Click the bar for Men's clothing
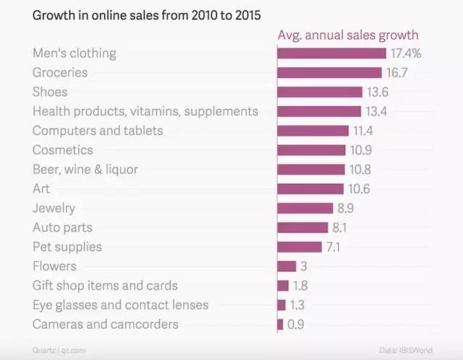click(331, 53)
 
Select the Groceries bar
click(329, 73)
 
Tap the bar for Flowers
click(286, 266)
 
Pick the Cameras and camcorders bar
click(280, 325)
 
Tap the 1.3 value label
click(297, 305)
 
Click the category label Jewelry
click(54, 208)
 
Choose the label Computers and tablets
click(98, 131)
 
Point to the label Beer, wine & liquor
click(85, 169)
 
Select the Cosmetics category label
click(63, 150)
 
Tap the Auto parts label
click(62, 228)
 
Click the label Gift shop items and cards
click(105, 286)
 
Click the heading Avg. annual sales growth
click(348, 35)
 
